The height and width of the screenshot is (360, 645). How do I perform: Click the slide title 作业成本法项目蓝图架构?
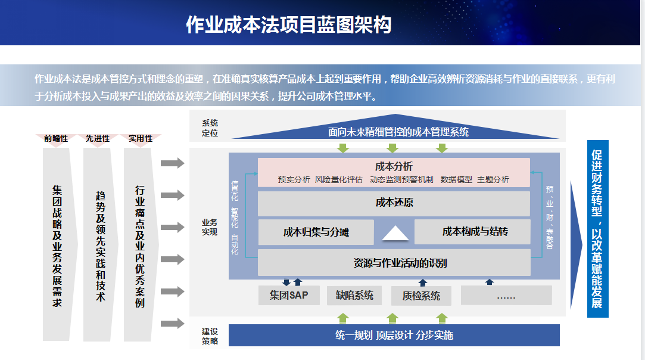[288, 24]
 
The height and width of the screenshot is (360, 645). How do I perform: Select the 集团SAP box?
[288, 295]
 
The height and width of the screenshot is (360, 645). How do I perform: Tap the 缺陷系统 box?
[354, 295]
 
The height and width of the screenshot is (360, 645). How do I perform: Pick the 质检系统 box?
[421, 296]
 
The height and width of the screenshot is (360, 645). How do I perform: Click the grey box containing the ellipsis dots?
[506, 296]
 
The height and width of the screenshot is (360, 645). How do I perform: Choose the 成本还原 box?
[394, 203]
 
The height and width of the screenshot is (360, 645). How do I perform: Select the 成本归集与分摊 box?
[316, 232]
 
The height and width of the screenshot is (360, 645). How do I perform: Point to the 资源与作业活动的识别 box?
[394, 263]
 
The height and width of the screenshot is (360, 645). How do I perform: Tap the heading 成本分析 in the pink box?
[394, 166]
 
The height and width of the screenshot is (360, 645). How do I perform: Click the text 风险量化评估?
[338, 179]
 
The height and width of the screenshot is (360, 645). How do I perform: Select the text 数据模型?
[456, 179]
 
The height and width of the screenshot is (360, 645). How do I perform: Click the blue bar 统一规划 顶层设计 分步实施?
[394, 335]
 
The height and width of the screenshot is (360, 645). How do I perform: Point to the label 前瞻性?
[56, 138]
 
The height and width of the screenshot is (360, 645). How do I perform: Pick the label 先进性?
[98, 138]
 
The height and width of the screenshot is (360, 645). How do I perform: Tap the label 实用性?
[141, 138]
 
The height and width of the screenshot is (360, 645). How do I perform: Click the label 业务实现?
[210, 227]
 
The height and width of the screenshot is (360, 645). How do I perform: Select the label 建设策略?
[210, 336]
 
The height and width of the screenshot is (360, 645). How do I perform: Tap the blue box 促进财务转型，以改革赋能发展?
[597, 228]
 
